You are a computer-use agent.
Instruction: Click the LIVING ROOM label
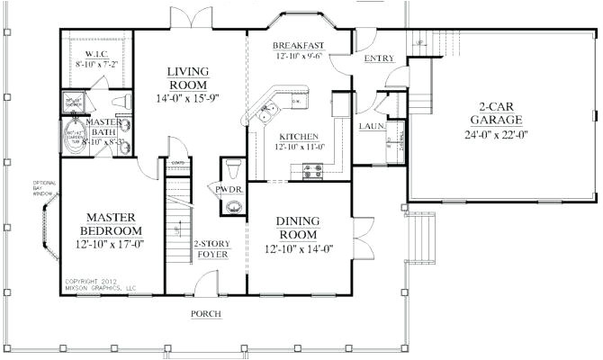click(189, 78)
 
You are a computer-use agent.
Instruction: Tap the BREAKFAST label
click(299, 45)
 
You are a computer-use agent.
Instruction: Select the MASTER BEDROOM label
click(111, 223)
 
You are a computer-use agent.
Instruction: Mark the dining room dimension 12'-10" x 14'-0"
click(300, 249)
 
